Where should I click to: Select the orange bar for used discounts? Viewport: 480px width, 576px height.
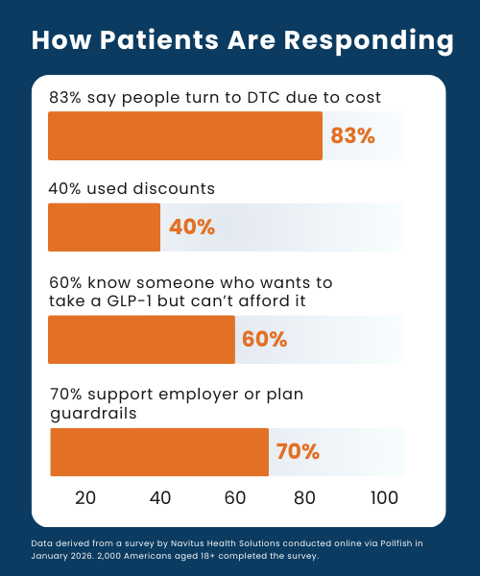point(104,228)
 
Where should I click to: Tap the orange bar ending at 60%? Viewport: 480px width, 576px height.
point(141,340)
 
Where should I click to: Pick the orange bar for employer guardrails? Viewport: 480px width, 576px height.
point(159,452)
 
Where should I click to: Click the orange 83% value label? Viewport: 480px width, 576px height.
point(352,136)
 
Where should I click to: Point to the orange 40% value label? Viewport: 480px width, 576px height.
point(192,228)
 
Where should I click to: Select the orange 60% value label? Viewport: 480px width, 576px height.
point(264,340)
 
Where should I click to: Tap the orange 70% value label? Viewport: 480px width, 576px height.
point(298,452)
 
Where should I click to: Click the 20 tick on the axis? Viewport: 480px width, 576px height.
point(84,497)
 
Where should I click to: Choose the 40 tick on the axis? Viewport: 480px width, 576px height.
point(160,497)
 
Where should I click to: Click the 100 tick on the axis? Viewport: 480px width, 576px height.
point(385,497)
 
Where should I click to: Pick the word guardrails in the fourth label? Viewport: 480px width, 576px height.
point(92,414)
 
